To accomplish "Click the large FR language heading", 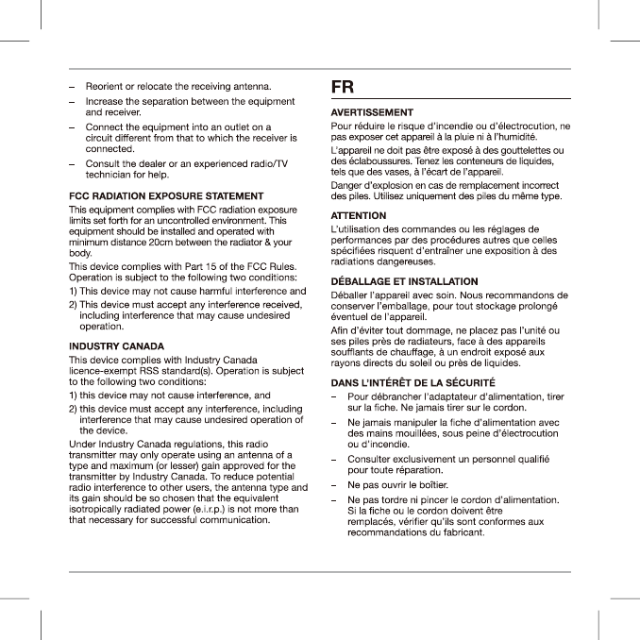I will click(x=343, y=87).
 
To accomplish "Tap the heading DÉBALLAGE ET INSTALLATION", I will click(x=404, y=281).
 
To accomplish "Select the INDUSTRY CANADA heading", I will click(x=117, y=346).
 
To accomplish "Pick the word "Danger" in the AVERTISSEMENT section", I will click(x=346, y=185).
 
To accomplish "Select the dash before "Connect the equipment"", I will click(x=73, y=126).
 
